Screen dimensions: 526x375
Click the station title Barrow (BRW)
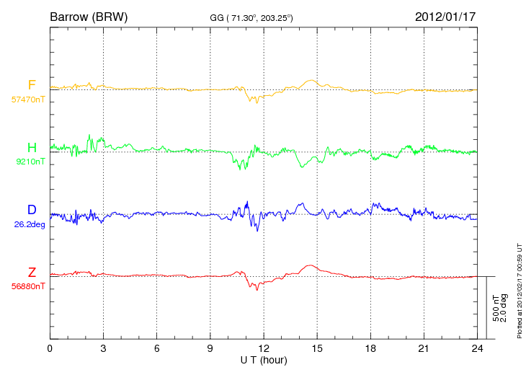[x=89, y=17]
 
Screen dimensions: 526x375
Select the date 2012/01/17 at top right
[x=445, y=17]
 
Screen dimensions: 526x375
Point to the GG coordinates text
[x=251, y=18]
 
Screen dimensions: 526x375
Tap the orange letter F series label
[x=32, y=84]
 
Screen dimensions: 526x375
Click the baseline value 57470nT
[x=28, y=100]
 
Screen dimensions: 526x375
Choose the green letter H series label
[x=32, y=147]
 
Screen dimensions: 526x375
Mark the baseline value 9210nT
[x=30, y=162]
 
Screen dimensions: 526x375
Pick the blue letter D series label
[x=32, y=209]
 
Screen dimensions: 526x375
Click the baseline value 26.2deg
[x=30, y=224]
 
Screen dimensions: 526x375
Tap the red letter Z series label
[x=32, y=272]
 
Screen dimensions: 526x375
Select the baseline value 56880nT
[x=28, y=286]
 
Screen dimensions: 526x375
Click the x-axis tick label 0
[x=50, y=348]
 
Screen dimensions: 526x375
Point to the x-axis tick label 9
[x=210, y=348]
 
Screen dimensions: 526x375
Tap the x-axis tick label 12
[x=264, y=348]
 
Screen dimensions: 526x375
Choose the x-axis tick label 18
[x=370, y=348]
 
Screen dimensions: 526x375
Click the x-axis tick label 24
[x=477, y=348]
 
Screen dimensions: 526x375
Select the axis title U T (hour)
[x=264, y=361]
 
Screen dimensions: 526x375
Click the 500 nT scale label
[x=496, y=308]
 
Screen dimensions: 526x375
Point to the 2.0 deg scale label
[x=504, y=308]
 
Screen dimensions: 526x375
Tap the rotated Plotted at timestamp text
[x=520, y=291]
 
